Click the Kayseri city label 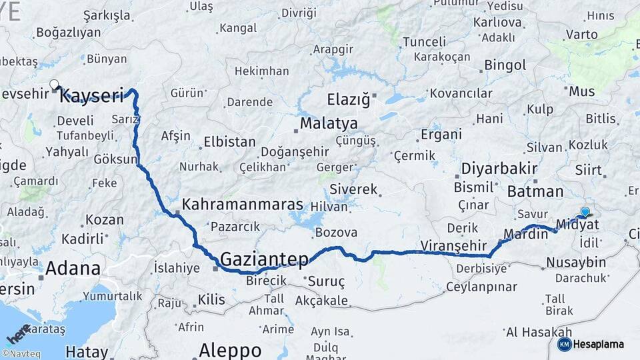[x=92, y=96]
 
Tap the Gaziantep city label [x=265, y=259]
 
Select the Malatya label [x=329, y=124]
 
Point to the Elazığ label [x=348, y=100]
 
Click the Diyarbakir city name [x=499, y=168]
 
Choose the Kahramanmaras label [x=243, y=205]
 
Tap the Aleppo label [x=230, y=350]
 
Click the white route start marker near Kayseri [x=53, y=84]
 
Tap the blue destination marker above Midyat [x=585, y=212]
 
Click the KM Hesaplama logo [x=591, y=344]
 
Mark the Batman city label [x=535, y=192]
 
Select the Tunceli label [x=424, y=42]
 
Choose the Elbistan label [x=229, y=142]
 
